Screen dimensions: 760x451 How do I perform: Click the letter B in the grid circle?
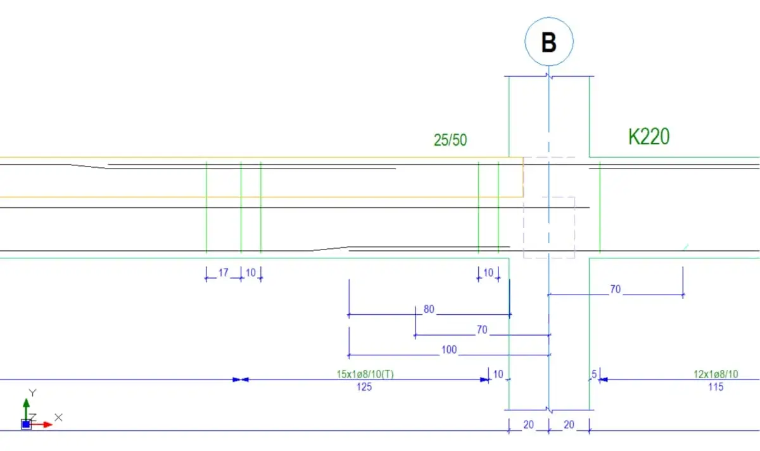549,42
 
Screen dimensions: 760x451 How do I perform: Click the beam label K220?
649,137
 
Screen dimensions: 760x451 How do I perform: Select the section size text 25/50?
450,140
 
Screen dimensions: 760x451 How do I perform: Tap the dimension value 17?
223,273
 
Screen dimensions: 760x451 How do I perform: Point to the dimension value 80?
429,309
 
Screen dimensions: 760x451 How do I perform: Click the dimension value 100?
449,350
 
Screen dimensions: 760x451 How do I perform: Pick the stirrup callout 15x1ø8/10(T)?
365,374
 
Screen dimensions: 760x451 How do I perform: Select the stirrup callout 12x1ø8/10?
716,374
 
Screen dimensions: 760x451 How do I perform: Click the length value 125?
364,387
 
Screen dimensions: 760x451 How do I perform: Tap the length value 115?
716,387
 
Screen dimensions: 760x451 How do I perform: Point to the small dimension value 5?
594,374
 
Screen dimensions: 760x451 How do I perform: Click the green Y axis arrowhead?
26,403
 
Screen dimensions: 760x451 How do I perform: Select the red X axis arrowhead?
48,424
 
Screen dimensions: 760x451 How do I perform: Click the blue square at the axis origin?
26,424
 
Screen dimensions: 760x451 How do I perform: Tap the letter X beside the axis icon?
58,417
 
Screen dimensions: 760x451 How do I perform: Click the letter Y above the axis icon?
32,393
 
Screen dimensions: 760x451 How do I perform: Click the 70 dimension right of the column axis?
616,289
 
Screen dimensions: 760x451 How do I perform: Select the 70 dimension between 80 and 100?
482,330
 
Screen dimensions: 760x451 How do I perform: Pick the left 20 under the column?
528,425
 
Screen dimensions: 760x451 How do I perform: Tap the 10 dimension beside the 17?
250,273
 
